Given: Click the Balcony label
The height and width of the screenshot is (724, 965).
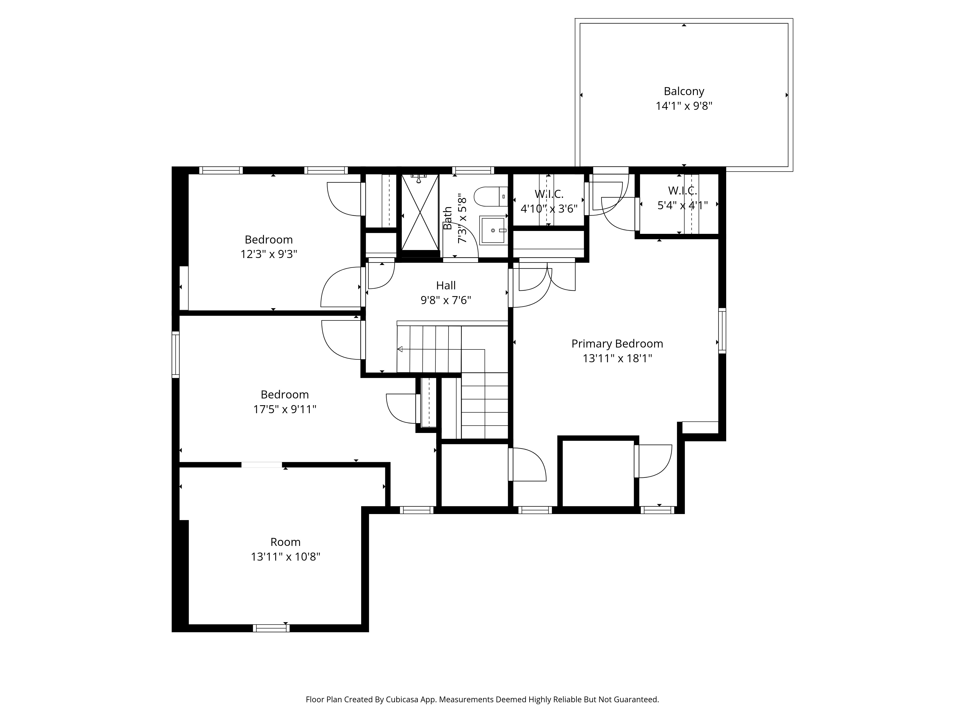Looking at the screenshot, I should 684,91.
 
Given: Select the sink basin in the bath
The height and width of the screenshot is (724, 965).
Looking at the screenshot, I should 493,230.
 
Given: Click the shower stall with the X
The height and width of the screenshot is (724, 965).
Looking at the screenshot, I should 420,213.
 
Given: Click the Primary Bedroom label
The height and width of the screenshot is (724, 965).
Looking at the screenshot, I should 617,344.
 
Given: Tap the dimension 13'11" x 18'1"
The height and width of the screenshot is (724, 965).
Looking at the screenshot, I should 617,359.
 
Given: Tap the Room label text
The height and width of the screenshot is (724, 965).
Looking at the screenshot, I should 285,542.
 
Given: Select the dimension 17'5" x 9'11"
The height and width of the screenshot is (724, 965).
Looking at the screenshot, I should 284,409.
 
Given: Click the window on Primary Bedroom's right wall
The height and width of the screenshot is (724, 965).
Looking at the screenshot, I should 722,330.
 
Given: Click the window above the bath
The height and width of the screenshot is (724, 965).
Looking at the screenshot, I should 473,170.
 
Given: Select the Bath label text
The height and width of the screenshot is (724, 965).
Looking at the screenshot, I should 448,218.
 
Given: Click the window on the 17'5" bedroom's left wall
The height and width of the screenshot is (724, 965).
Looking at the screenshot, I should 175,354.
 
